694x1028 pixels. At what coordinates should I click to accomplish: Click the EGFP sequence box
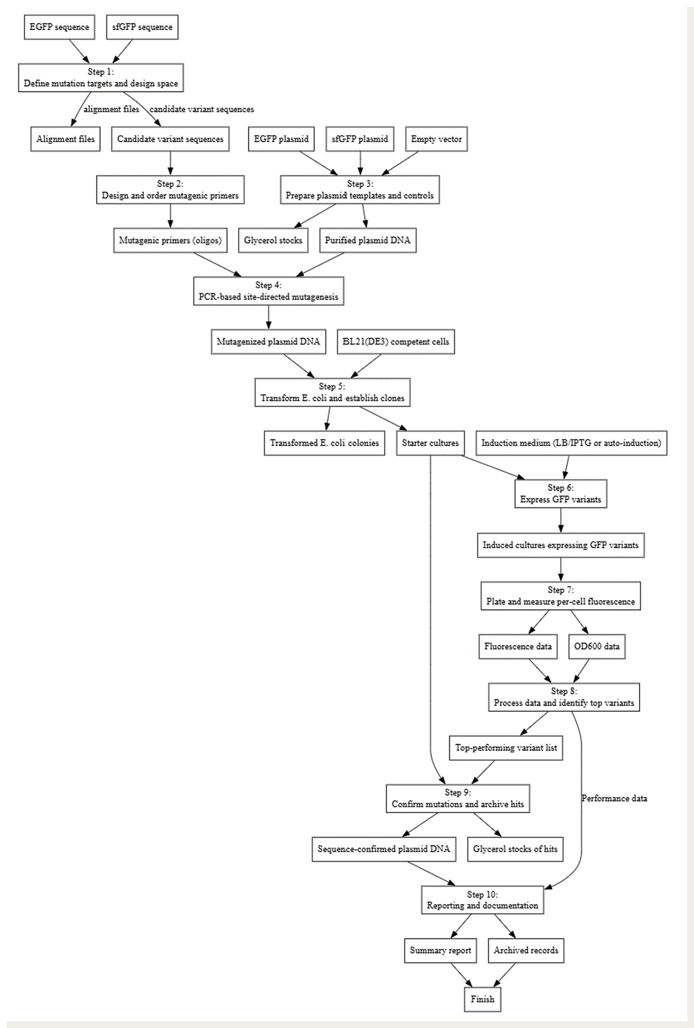click(x=59, y=27)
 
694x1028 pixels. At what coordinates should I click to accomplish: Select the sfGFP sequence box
click(x=142, y=27)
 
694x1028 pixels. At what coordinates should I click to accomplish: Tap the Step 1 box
click(x=101, y=78)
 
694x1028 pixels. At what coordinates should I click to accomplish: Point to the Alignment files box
click(x=65, y=139)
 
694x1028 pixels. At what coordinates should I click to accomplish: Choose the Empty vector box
click(x=436, y=139)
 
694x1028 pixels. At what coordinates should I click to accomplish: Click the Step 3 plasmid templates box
click(x=360, y=190)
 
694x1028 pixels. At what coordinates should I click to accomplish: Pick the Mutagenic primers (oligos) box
click(x=170, y=240)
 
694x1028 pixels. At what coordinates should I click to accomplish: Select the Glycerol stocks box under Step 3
click(x=273, y=240)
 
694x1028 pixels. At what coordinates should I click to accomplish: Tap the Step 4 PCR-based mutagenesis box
click(x=269, y=291)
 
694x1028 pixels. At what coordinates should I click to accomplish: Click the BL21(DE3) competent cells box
click(x=395, y=342)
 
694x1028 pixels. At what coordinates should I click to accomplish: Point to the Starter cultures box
click(x=430, y=443)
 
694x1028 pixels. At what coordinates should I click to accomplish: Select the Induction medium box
click(x=571, y=443)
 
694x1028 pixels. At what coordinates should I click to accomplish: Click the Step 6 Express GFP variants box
click(x=561, y=494)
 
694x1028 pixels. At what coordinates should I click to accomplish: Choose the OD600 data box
click(x=597, y=646)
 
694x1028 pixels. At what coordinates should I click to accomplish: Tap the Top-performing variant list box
click(x=505, y=748)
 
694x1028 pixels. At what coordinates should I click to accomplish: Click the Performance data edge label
click(x=614, y=799)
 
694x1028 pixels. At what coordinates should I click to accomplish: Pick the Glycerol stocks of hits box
click(x=515, y=849)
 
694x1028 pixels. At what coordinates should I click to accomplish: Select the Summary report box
click(x=440, y=950)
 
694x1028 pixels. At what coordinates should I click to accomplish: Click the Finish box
click(x=482, y=999)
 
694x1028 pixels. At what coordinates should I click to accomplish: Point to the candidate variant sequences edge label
click(x=202, y=109)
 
